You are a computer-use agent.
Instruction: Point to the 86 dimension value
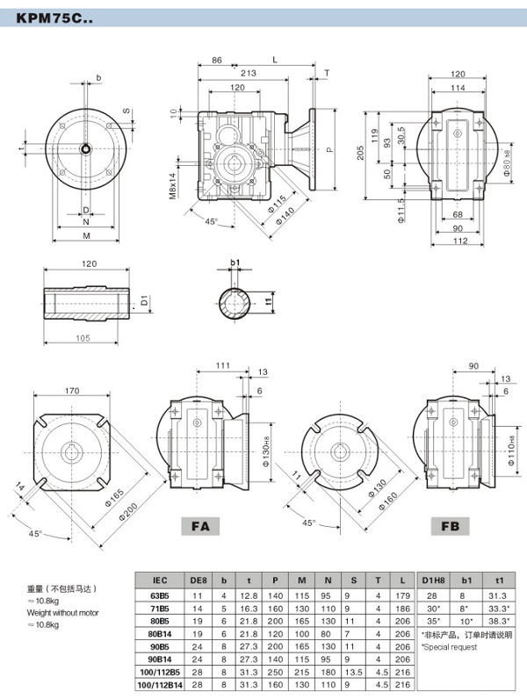[x=216, y=60]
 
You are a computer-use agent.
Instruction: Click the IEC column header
[x=159, y=580]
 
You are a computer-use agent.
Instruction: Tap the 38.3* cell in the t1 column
[x=499, y=620]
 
